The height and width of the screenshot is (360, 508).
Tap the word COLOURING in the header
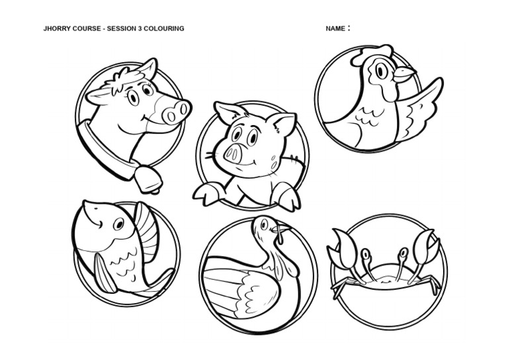[x=165, y=28]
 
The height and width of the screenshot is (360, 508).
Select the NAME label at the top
[x=335, y=28]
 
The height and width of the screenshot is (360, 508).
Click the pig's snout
[x=233, y=154]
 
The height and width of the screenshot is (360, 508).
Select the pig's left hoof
[x=206, y=193]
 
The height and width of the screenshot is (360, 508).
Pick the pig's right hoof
[x=287, y=197]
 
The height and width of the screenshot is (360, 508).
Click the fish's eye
[x=118, y=225]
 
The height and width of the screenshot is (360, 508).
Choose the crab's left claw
[x=342, y=248]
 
